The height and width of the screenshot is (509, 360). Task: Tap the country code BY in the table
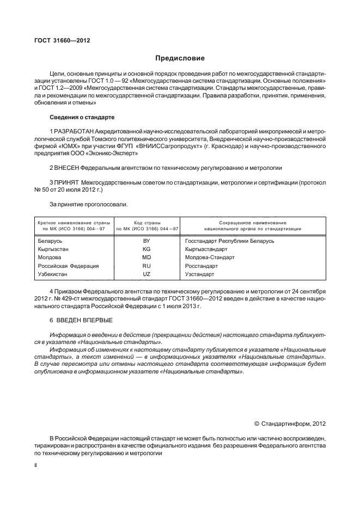pyautogui.click(x=146, y=240)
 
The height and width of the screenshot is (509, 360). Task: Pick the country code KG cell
pyautogui.click(x=146, y=248)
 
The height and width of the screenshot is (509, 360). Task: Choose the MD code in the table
pyautogui.click(x=146, y=257)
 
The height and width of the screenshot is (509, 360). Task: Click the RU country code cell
pyautogui.click(x=146, y=266)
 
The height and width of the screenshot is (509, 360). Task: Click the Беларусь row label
pyautogui.click(x=51, y=240)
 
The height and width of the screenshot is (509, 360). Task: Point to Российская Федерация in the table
pyautogui.click(x=68, y=266)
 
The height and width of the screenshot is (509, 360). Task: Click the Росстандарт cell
pyautogui.click(x=202, y=266)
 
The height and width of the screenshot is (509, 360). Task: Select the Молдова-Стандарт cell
pyautogui.click(x=210, y=257)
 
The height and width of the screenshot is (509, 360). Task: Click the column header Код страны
pyautogui.click(x=146, y=223)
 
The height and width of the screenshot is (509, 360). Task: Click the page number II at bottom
pyautogui.click(x=35, y=465)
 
